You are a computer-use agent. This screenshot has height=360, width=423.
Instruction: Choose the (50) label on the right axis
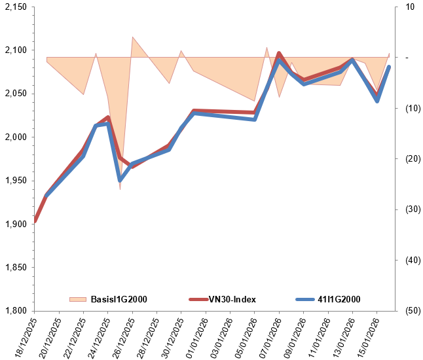412,311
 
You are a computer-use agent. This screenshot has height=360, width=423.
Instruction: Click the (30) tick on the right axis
412,209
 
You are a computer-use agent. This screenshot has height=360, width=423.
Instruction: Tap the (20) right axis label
412,159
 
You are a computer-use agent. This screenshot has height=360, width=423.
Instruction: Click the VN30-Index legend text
232,300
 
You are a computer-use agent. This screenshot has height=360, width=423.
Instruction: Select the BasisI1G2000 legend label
119,300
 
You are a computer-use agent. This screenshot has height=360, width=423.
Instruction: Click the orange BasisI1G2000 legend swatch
78,300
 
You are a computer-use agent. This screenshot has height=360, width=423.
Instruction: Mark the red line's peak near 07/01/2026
279,54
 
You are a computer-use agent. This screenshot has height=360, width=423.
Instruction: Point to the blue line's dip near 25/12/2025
120,180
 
